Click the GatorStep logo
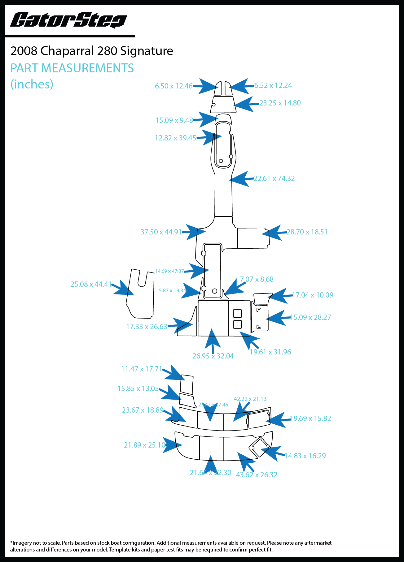pos(68,20)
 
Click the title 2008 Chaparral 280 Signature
pos(92,51)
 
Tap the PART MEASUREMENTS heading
pos(72,68)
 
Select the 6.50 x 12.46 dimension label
pos(173,86)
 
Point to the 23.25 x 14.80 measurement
pos(280,103)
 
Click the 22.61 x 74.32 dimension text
pos(274,178)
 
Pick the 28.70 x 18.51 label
pos(307,232)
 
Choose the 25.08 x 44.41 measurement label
pos(91,284)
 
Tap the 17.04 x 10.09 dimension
pos(313,295)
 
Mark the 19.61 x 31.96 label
pos(270,352)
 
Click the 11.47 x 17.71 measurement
pos(142,369)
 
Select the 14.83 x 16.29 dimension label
pos(305,456)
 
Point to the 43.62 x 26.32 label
pos(257,475)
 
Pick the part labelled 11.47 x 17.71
pos(187,384)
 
